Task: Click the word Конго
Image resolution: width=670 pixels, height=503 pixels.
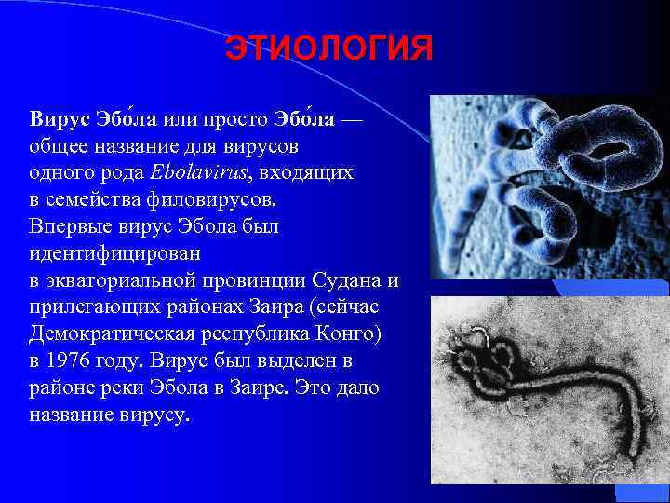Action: coord(326,333)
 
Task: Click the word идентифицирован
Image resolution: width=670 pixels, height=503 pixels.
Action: coord(108,253)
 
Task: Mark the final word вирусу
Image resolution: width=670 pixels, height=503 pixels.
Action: coord(159,415)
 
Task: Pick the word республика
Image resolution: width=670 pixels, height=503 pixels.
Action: coord(245,333)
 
